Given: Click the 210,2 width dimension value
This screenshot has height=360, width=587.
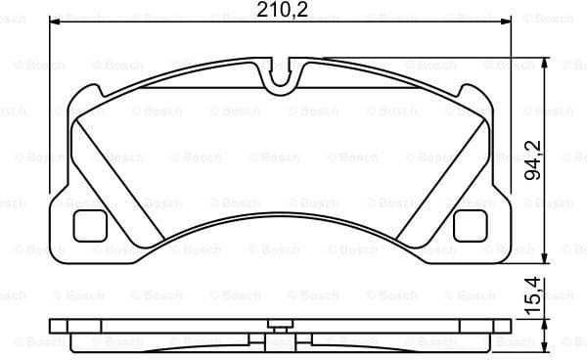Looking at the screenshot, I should coord(280,10).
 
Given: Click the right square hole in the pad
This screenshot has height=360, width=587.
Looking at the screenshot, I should coord(471,226).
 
